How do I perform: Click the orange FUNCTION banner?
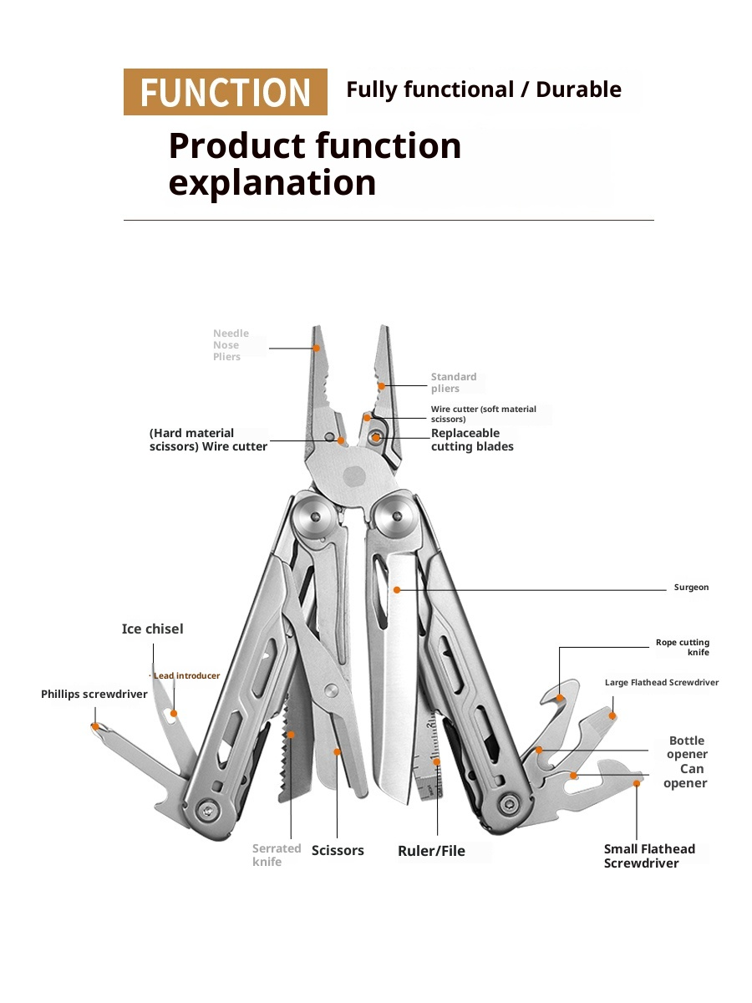coord(225,92)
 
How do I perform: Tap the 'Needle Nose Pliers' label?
coord(231,345)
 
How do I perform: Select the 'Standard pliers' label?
coord(454,383)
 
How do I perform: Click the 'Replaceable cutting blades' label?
coord(472,440)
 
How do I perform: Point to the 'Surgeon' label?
coord(691,588)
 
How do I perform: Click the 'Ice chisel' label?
coord(152,629)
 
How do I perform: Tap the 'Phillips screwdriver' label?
coord(94,695)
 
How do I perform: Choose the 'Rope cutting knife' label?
coord(683,648)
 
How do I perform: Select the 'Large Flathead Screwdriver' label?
coord(661,683)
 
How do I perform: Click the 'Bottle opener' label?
coord(687,747)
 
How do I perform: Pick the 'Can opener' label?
coord(687,776)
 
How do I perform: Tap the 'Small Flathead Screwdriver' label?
coord(649,856)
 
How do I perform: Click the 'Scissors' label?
coord(338,851)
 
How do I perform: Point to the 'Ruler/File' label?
coord(431,852)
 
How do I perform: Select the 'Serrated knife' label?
coord(276,855)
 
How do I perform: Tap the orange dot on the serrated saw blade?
coord(292,735)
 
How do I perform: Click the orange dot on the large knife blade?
coord(398,589)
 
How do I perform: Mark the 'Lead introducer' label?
coord(185,675)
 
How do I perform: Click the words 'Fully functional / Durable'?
coord(484,90)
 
